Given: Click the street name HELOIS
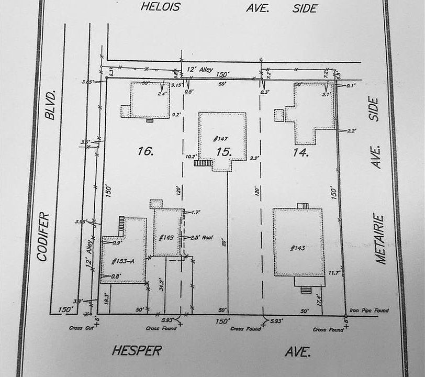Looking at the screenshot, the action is (x=161, y=7).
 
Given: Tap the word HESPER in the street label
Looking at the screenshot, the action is (x=137, y=351).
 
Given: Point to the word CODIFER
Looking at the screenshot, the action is (x=43, y=236).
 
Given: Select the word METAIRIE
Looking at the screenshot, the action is (x=380, y=239).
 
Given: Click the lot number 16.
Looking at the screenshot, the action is (x=145, y=152).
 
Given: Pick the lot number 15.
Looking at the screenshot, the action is (x=223, y=152).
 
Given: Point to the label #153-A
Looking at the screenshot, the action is (x=122, y=260).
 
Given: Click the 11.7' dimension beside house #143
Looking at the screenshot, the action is (x=334, y=273).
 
